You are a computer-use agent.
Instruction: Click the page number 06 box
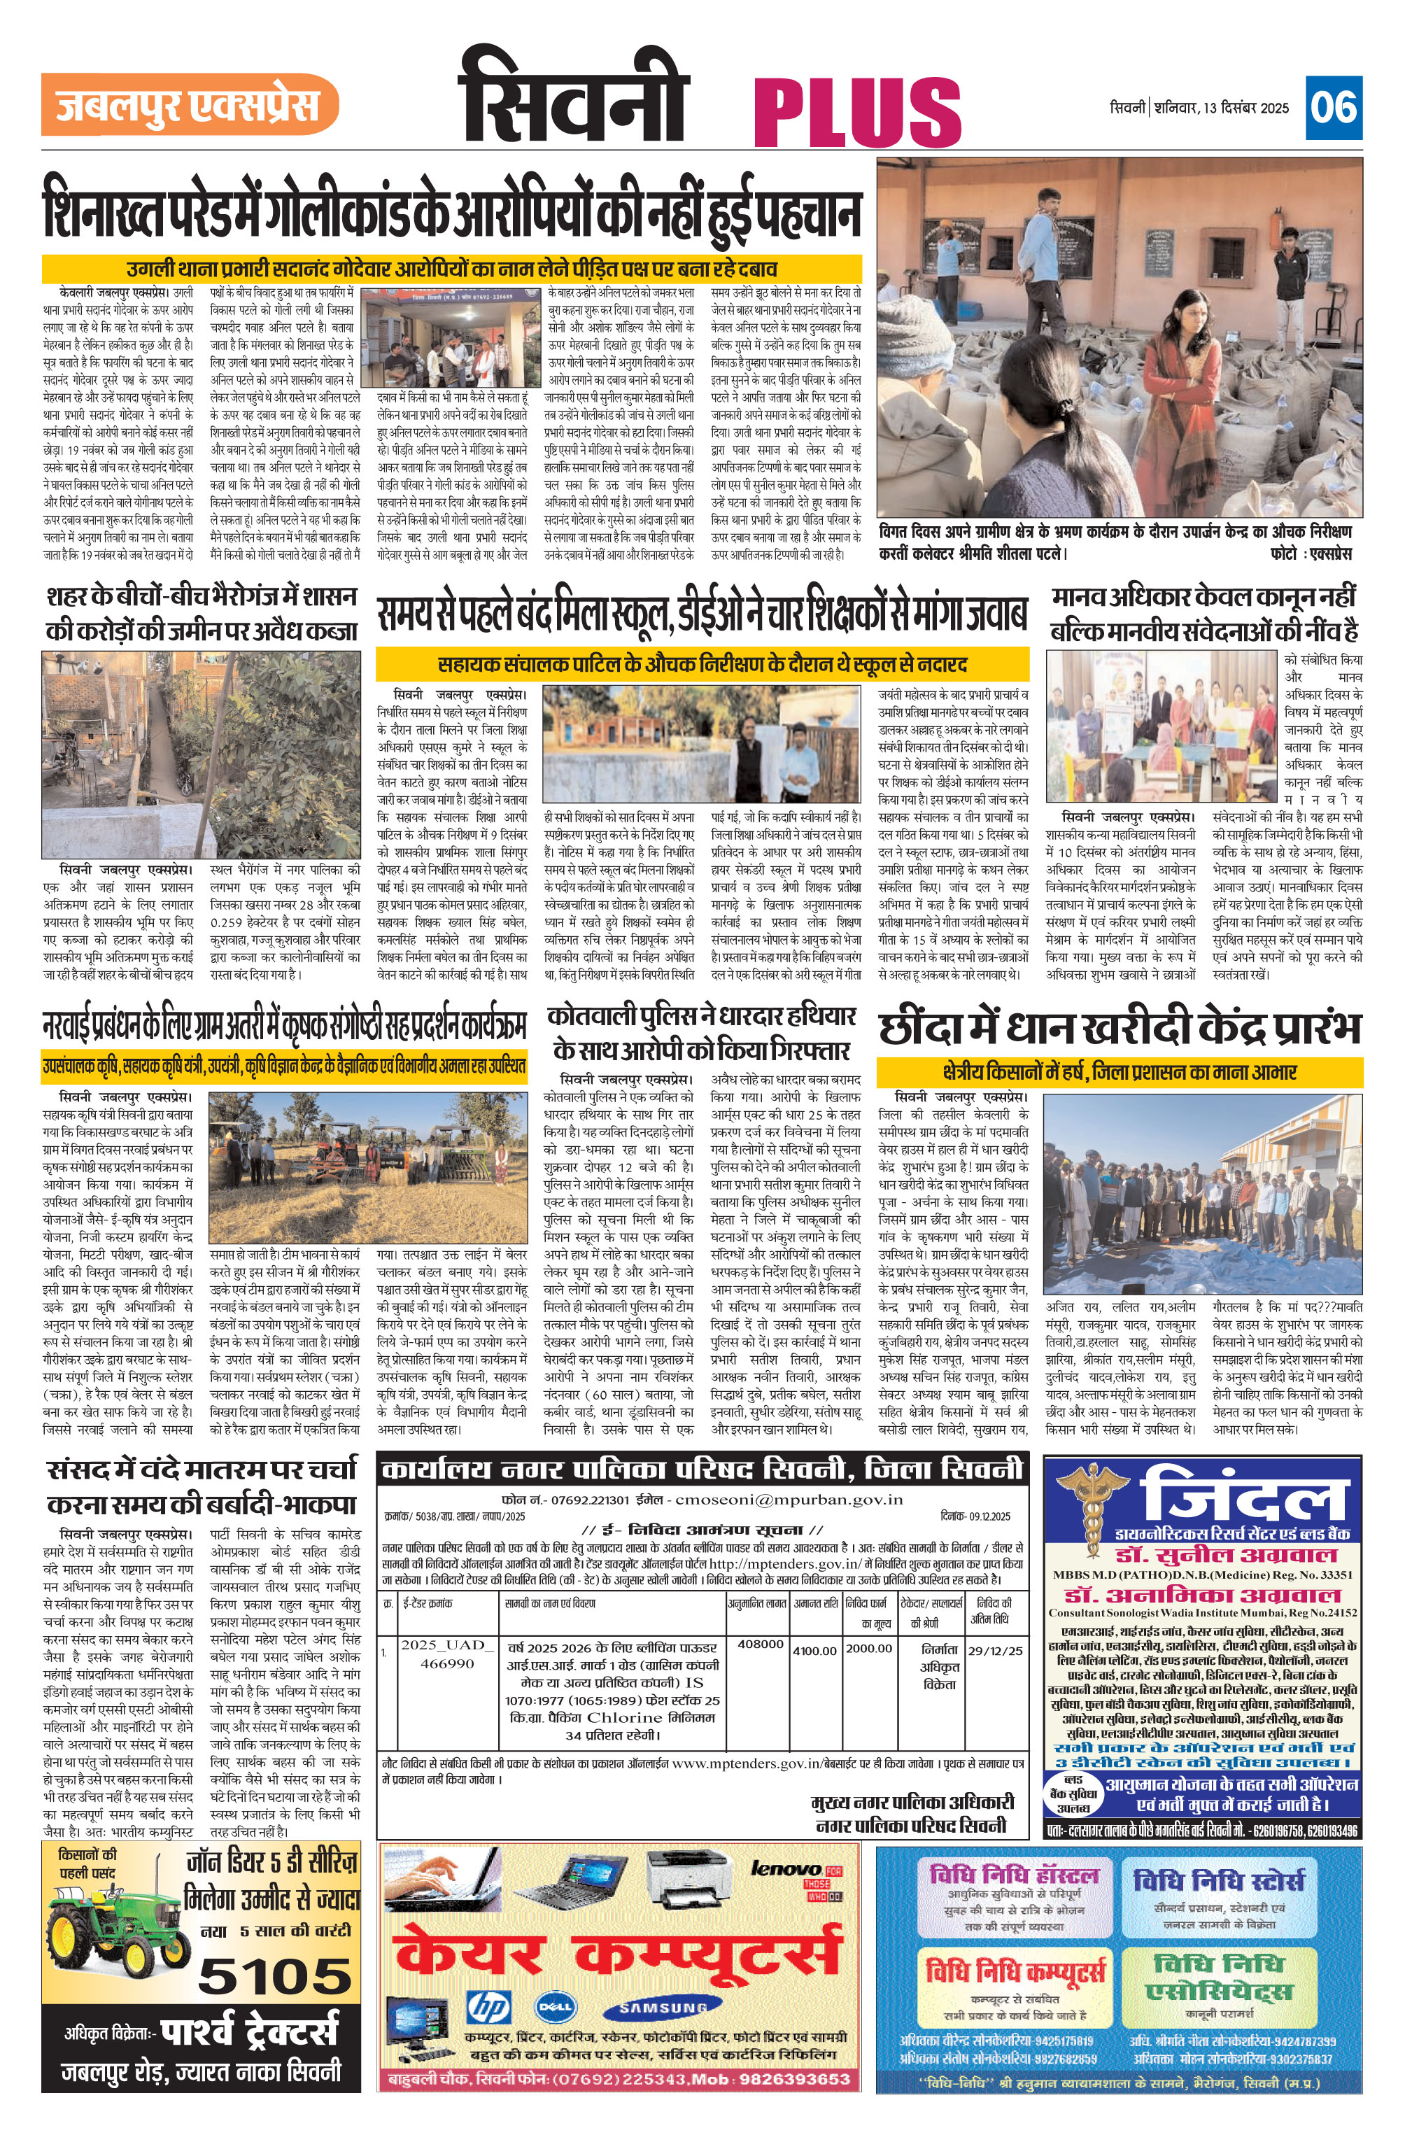tap(1334, 108)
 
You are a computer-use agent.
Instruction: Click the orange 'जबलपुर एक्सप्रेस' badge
tap(190, 105)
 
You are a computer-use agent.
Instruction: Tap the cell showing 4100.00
tap(814, 1649)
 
